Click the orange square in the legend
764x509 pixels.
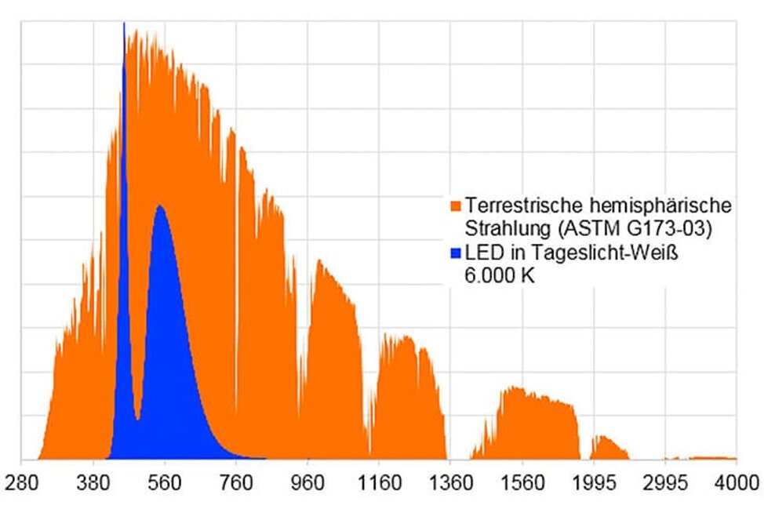[456, 205]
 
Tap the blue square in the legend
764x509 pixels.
[456, 253]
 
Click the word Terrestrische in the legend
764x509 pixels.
[511, 205]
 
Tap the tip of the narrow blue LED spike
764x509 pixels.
[124, 25]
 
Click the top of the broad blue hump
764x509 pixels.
[160, 206]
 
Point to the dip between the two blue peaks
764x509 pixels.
[137, 419]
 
